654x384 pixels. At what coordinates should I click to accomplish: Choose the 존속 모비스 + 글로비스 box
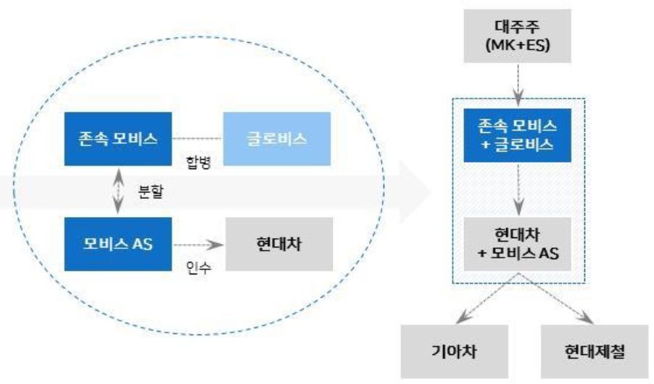click(x=518, y=136)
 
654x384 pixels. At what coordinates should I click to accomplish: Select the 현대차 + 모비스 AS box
click(x=518, y=243)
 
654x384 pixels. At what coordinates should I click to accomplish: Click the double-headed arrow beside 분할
click(x=117, y=191)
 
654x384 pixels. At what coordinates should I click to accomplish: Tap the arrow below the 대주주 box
click(x=518, y=83)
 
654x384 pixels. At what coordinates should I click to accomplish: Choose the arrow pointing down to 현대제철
click(x=557, y=301)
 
